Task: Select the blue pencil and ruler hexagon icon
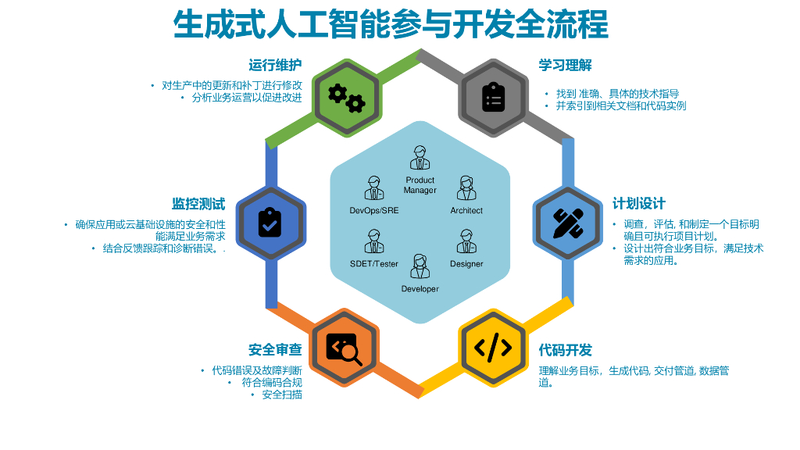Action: click(x=568, y=223)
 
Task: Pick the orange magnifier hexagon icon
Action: click(x=345, y=348)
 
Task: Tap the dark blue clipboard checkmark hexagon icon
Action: click(x=270, y=223)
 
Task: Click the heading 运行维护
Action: click(x=275, y=65)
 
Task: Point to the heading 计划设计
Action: click(x=638, y=203)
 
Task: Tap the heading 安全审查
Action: click(x=275, y=349)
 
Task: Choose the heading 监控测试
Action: click(x=198, y=204)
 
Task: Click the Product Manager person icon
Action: click(x=420, y=158)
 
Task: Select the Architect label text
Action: click(x=466, y=211)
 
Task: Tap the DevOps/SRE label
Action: click(x=374, y=211)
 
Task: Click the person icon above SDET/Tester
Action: click(x=374, y=241)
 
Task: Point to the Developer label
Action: click(x=420, y=289)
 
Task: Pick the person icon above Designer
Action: click(x=466, y=241)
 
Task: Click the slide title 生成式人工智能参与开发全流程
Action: click(x=391, y=25)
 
